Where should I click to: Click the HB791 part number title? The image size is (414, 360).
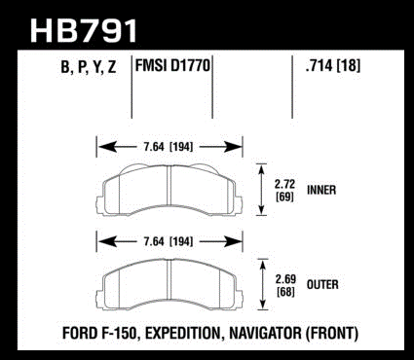pos(84,30)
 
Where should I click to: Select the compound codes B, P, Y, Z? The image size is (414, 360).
pos(89,68)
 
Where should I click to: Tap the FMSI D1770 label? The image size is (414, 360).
pos(172,66)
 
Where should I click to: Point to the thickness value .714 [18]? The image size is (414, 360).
pos(333,66)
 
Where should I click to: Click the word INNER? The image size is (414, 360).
pos(321,190)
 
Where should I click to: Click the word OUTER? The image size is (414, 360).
pos(322,285)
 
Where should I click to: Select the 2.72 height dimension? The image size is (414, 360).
pos(284,184)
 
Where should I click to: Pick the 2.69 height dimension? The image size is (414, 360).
pos(285,279)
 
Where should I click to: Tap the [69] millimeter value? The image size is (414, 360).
pos(284,197)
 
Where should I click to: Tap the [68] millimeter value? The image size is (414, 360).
pos(285,292)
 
